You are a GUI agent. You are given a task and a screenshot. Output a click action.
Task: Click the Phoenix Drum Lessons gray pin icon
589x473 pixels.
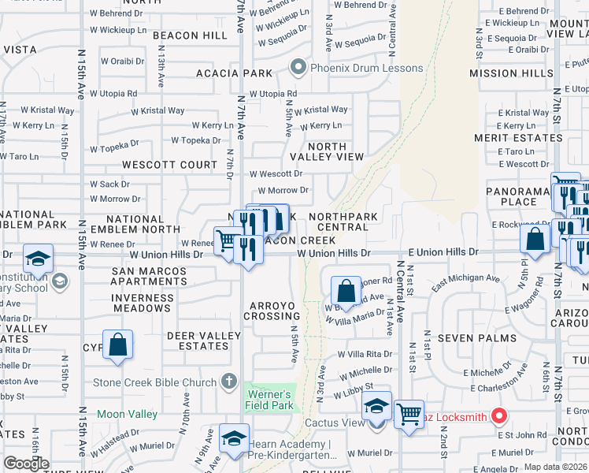click(x=297, y=68)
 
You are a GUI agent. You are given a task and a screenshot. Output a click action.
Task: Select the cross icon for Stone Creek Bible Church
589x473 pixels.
click(x=228, y=382)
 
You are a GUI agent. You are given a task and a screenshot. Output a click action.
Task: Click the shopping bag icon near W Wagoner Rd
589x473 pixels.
click(x=345, y=291)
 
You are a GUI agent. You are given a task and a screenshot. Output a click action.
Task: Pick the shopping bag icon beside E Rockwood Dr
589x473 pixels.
click(x=535, y=240)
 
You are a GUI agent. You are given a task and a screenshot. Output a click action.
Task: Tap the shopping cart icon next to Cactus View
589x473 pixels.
click(x=409, y=413)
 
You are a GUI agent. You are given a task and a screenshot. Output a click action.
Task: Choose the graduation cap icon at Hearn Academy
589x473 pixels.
click(x=234, y=439)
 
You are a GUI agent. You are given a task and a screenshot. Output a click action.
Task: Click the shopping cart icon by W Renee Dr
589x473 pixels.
click(x=228, y=240)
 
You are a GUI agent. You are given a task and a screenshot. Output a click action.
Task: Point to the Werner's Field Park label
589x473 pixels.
click(x=270, y=400)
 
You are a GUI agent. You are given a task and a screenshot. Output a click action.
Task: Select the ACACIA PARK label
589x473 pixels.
click(x=235, y=73)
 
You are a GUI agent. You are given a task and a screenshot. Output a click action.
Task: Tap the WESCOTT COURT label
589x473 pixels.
click(x=169, y=165)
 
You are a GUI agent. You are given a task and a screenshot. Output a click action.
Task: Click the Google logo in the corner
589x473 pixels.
click(x=26, y=464)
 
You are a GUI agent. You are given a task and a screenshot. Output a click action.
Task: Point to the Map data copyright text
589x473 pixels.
click(x=555, y=467)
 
